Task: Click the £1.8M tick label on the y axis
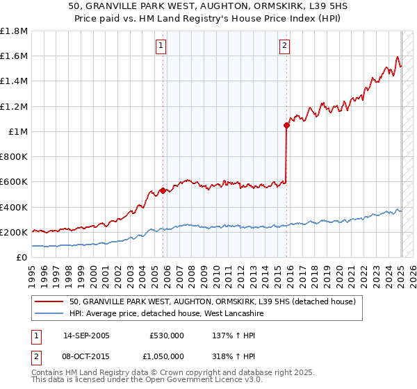(14, 31)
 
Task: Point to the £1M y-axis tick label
(19, 131)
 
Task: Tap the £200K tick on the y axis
(14, 232)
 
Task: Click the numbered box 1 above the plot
(161, 47)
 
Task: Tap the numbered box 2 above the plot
(285, 47)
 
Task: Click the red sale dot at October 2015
(286, 126)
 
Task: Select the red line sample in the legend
(49, 301)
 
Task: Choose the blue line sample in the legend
(49, 313)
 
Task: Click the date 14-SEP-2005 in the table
(86, 335)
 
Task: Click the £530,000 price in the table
(167, 335)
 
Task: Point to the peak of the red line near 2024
(398, 57)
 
